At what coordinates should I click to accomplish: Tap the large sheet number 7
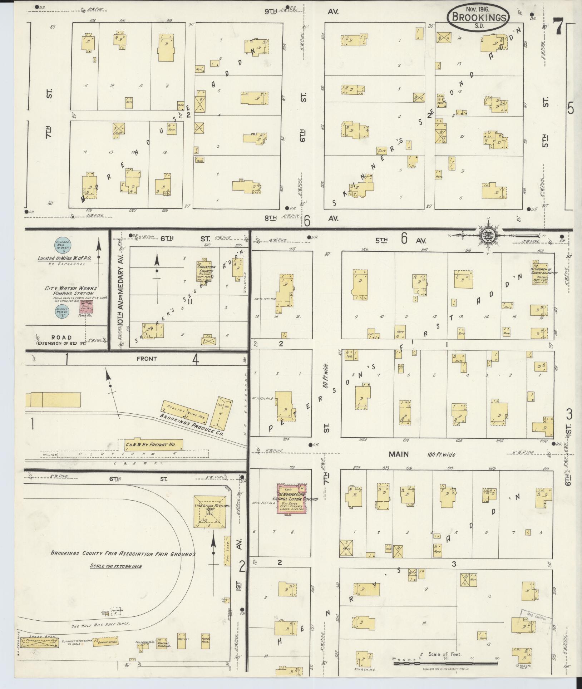(x=557, y=28)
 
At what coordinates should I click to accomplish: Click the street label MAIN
(x=399, y=454)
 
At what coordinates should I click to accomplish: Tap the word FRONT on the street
(x=146, y=359)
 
